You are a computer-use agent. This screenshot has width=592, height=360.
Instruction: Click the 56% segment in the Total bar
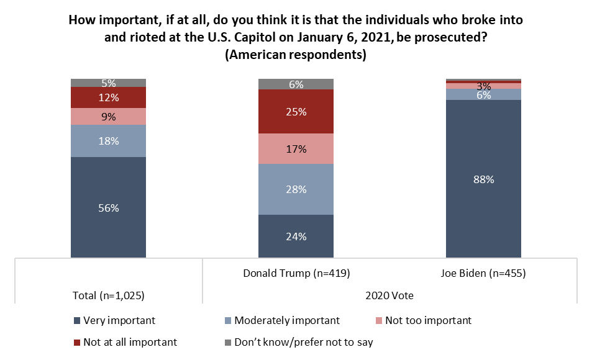[109, 207]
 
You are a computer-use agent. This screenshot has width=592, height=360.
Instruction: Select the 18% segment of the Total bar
[109, 141]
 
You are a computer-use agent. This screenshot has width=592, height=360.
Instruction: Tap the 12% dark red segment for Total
[109, 97]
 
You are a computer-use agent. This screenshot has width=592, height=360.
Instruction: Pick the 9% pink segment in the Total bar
[109, 117]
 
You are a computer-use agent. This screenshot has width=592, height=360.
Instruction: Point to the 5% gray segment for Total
[109, 83]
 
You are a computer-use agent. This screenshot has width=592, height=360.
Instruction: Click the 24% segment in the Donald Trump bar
[296, 236]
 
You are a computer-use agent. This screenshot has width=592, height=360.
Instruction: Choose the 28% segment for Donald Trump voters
[296, 189]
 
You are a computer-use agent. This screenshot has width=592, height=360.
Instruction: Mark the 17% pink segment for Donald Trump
[296, 149]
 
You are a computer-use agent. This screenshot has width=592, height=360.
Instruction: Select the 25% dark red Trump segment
[296, 112]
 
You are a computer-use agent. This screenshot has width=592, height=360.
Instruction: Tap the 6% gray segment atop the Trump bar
[296, 84]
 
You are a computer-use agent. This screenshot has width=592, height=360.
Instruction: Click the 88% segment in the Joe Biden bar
[484, 179]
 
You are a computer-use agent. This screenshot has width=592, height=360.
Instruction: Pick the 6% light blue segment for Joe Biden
[484, 94]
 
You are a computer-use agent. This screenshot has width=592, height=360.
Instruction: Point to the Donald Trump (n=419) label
[296, 273]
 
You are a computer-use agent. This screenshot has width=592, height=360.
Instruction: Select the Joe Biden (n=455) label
[484, 273]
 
